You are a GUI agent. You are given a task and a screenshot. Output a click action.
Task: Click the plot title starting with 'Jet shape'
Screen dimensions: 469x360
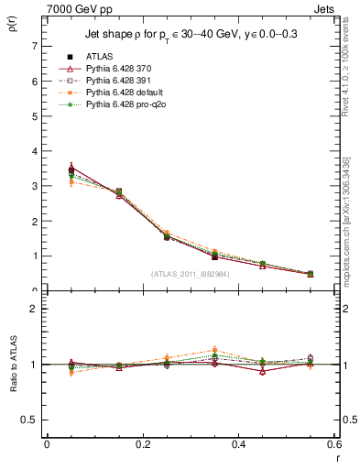(191, 34)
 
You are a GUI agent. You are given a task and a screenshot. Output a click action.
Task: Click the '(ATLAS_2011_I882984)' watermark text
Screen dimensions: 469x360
(191, 273)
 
